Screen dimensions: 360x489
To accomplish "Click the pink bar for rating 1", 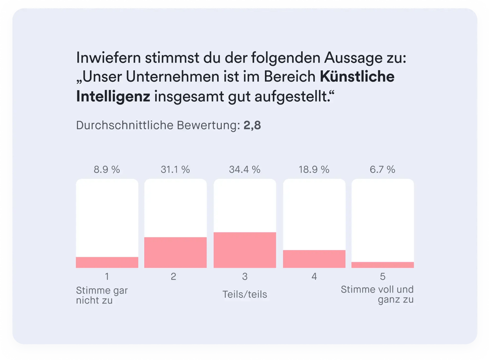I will [x=107, y=262].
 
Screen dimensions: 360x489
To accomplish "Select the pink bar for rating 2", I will [x=176, y=252].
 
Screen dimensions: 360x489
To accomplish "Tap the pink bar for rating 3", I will [x=244, y=250].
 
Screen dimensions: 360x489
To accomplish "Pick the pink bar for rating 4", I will [x=314, y=259].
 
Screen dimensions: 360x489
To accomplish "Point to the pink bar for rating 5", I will [x=382, y=265].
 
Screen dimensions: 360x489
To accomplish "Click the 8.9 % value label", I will [x=107, y=170].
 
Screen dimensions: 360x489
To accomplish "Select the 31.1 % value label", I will [x=175, y=170].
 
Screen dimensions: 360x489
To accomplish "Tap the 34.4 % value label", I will [x=244, y=170].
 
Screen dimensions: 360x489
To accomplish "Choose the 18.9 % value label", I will [x=314, y=170].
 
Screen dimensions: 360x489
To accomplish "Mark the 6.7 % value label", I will [x=382, y=170].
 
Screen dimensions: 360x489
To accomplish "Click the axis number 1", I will [x=107, y=277].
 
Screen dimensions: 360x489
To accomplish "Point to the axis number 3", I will [x=244, y=277].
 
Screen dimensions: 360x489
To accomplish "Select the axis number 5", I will [x=382, y=277].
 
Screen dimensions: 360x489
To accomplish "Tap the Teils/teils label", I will [x=244, y=294].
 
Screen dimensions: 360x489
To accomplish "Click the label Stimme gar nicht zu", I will [x=102, y=295].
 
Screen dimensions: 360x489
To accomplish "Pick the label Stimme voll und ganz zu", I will [x=377, y=294].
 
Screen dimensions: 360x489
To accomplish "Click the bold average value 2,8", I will [x=252, y=126].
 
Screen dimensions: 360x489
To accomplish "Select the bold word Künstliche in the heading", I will [x=357, y=77].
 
